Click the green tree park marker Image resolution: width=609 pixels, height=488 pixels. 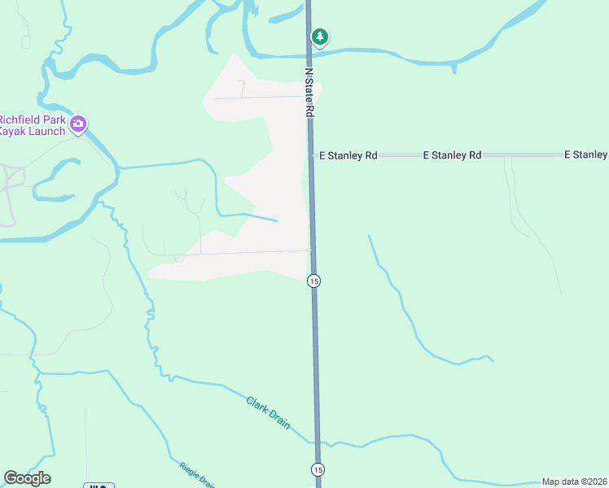(x=321, y=37)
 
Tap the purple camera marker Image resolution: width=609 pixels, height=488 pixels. (x=78, y=124)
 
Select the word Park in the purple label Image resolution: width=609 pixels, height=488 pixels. (x=55, y=118)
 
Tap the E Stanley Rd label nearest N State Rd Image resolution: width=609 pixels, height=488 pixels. (x=348, y=155)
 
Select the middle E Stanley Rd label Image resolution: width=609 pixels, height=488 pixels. (x=452, y=155)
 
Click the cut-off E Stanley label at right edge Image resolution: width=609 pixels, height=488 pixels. (x=585, y=155)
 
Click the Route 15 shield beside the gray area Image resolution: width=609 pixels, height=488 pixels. (x=313, y=281)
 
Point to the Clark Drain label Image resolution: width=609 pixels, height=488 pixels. (x=269, y=413)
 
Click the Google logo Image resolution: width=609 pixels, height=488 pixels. (x=27, y=478)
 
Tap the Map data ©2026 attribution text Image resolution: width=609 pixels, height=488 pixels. (x=574, y=481)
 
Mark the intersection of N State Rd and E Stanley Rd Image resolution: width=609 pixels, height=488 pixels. (x=311, y=155)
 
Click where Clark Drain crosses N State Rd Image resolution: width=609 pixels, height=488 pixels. (x=316, y=443)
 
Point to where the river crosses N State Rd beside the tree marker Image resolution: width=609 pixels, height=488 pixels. (x=309, y=54)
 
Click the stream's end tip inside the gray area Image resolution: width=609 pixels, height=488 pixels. (x=277, y=220)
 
